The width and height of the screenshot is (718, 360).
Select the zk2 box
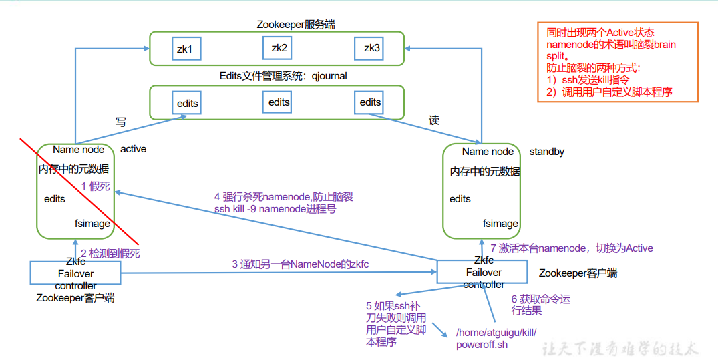[x=279, y=48]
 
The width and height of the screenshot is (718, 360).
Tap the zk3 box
[x=371, y=48]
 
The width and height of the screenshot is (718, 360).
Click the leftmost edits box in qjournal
[x=187, y=104]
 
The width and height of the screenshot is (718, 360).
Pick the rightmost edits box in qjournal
[x=370, y=102]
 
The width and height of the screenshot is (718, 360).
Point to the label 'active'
[x=133, y=148]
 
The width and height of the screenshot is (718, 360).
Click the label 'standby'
[x=546, y=152]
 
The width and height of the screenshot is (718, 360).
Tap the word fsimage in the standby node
[x=500, y=224]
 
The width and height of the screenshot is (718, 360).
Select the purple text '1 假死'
[x=96, y=186]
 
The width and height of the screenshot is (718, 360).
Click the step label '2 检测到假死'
[x=110, y=254]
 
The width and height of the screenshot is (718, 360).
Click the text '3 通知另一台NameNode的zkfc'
[x=300, y=264]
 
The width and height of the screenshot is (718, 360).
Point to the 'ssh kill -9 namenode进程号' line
[x=275, y=209]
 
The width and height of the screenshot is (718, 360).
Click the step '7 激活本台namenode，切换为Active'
[x=571, y=248]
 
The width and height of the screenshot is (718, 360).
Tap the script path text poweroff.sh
[x=482, y=345]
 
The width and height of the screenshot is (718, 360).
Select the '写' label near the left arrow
[x=120, y=122]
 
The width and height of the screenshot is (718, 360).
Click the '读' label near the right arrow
[x=434, y=120]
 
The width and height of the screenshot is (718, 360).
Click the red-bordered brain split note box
[x=617, y=62]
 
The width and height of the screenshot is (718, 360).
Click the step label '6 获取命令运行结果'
[x=540, y=305]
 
